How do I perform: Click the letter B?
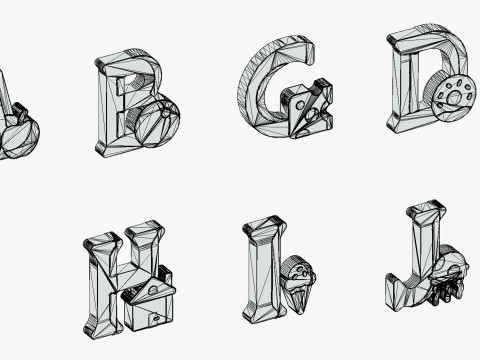(110, 107)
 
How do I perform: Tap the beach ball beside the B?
(157, 123)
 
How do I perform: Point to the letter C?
(260, 87)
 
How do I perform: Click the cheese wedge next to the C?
(308, 108)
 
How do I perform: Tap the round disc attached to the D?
(453, 97)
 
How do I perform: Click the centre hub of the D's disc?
(454, 98)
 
